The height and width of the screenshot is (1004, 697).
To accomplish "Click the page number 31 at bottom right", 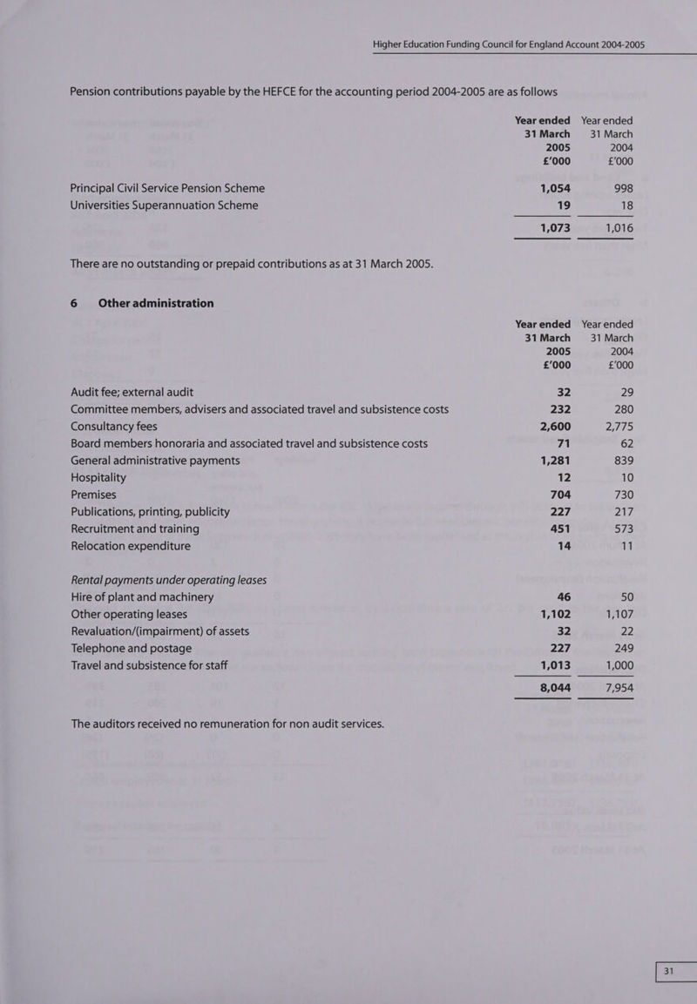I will tap(669, 973).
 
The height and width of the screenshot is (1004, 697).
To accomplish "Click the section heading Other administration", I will tap(156, 303).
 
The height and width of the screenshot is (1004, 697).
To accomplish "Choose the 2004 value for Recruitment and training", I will tap(621, 529).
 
